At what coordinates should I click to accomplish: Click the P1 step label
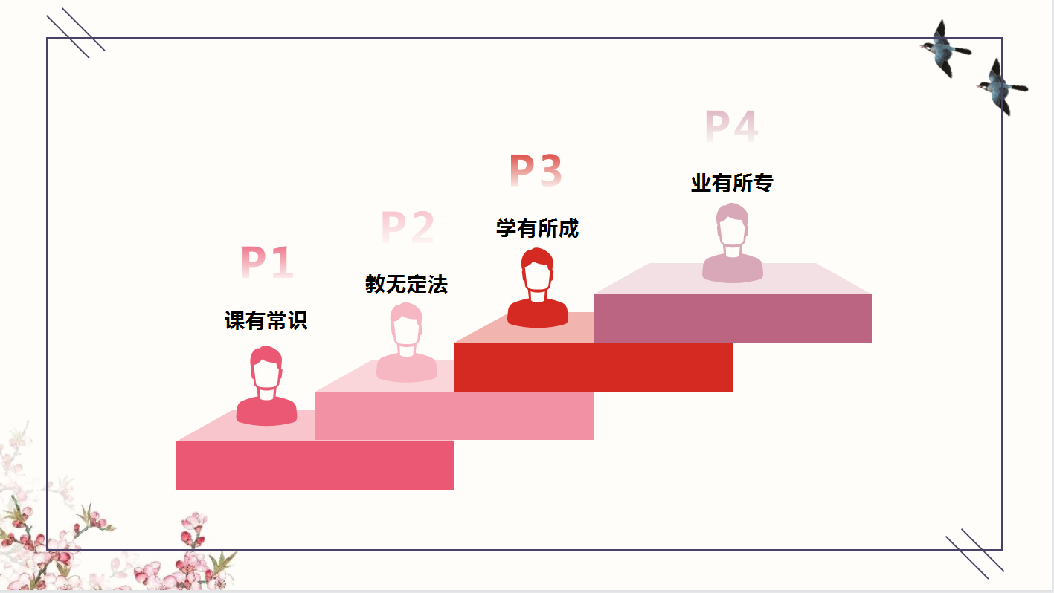(x=267, y=262)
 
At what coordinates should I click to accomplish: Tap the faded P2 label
(x=408, y=227)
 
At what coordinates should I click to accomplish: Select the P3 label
(x=536, y=171)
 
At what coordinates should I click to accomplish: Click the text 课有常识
(x=266, y=320)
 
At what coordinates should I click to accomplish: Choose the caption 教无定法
(x=406, y=284)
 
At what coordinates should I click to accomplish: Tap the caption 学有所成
(x=537, y=228)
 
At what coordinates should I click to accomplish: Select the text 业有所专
(x=732, y=183)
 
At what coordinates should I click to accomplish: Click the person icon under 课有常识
(x=266, y=388)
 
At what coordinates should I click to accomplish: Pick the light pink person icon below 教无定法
(x=406, y=344)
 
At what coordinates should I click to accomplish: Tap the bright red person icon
(x=537, y=290)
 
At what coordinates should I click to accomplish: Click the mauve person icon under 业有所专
(x=732, y=244)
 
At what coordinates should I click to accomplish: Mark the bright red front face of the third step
(x=593, y=366)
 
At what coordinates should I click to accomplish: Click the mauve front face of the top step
(x=732, y=318)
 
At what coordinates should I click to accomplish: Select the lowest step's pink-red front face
(x=315, y=464)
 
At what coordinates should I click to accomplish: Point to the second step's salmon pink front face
(x=454, y=415)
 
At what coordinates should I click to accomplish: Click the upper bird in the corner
(x=944, y=49)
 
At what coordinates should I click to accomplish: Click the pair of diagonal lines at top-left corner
(x=75, y=33)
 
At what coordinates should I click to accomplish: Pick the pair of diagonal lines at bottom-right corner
(x=974, y=553)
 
